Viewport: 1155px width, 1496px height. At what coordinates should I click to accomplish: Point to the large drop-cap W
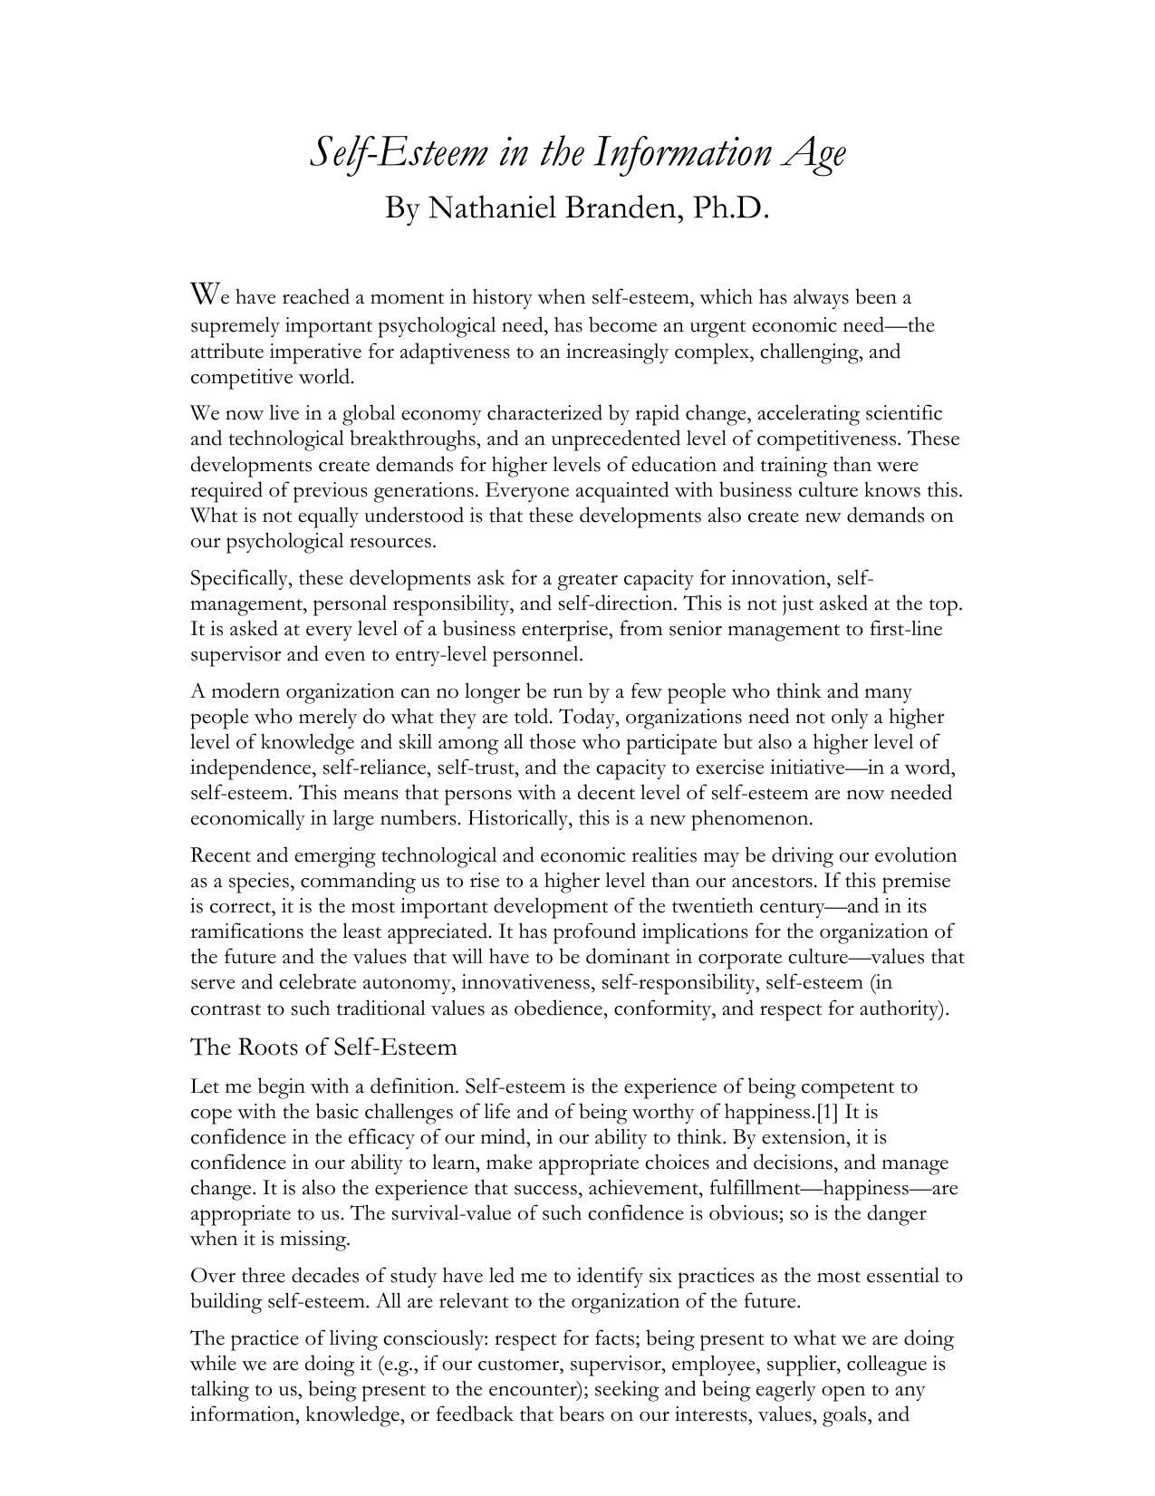coord(205,294)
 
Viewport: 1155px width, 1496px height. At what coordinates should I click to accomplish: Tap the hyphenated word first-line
coord(904,629)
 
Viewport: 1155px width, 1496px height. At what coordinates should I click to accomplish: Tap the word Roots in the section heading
coord(271,1047)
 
